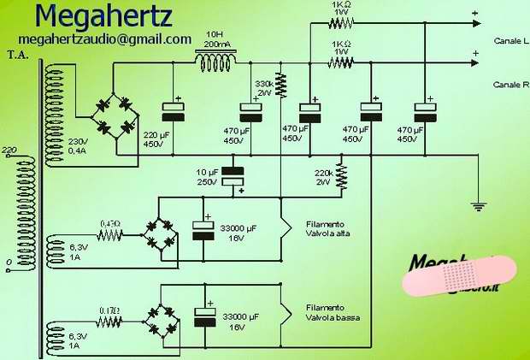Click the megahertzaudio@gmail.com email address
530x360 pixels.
[103, 38]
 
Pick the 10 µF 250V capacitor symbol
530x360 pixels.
[232, 175]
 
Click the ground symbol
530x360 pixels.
[479, 204]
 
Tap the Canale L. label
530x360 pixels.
[511, 40]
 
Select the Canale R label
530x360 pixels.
[511, 84]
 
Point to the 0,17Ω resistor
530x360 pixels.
[109, 322]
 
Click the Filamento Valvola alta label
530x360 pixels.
[325, 228]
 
